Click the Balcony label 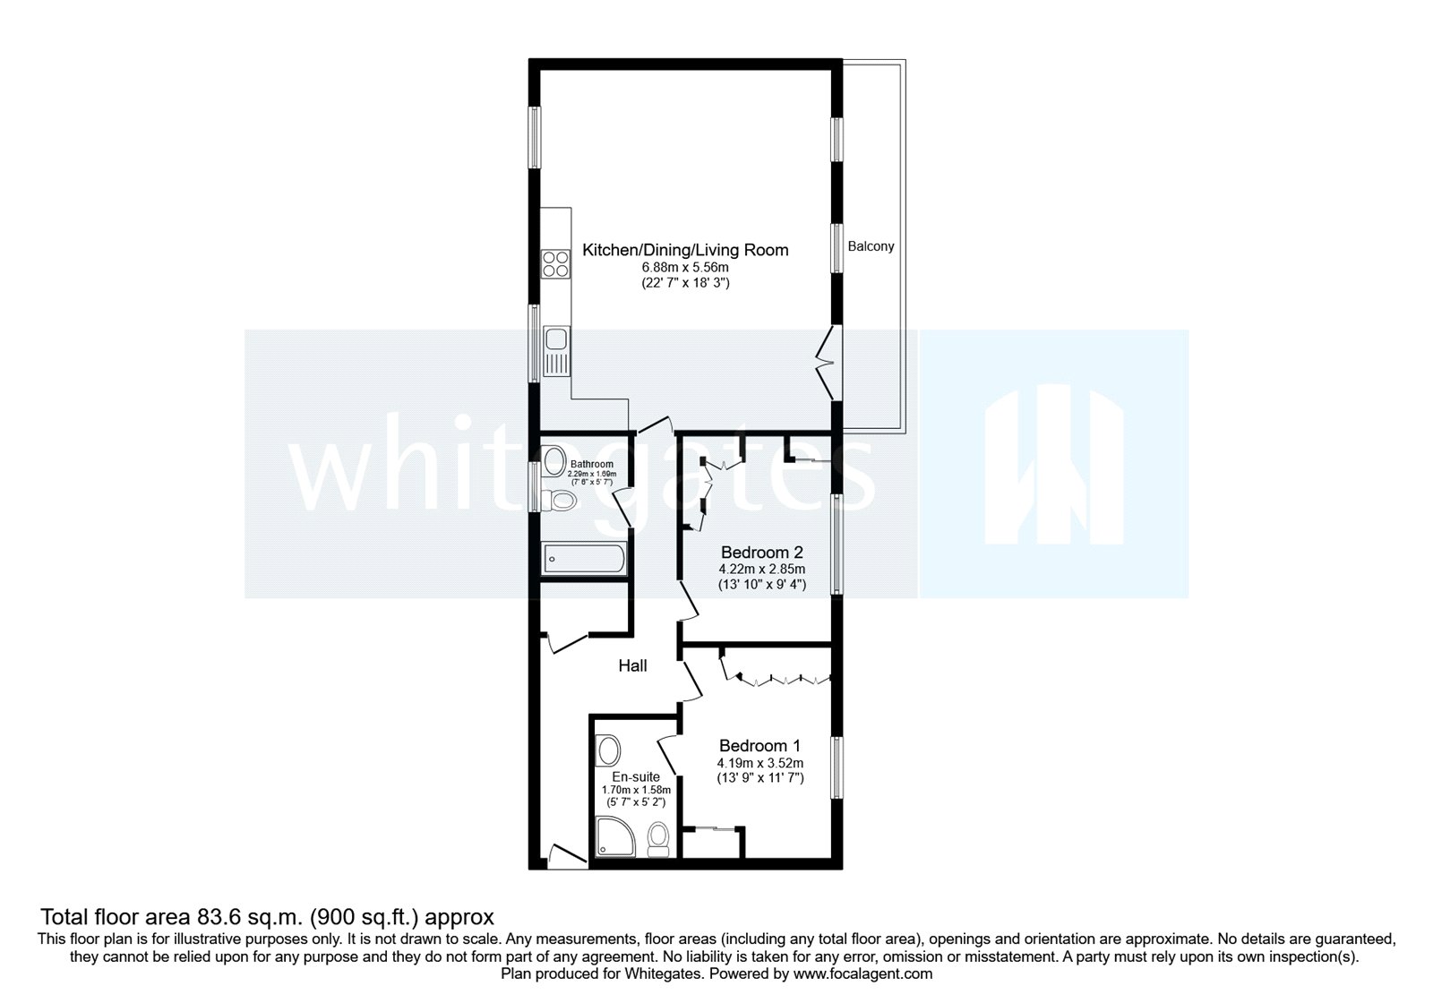click(x=871, y=246)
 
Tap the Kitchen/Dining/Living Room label click(x=685, y=250)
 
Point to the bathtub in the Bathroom click(x=584, y=559)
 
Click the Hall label click(x=632, y=665)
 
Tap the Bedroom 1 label click(x=759, y=746)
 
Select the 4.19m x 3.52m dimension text click(x=759, y=763)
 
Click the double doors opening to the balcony click(x=828, y=362)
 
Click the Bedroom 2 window click(x=837, y=544)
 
